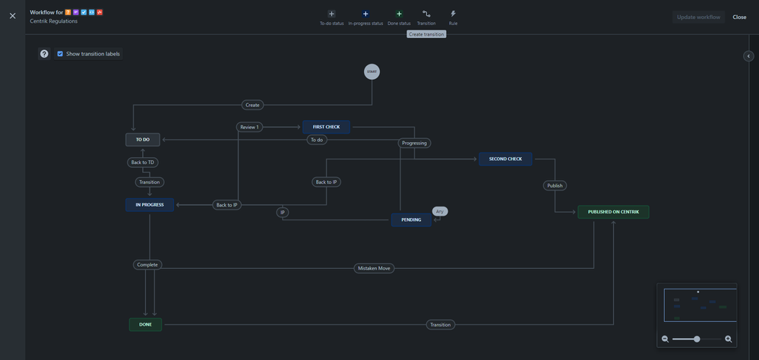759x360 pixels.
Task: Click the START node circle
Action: [x=372, y=71]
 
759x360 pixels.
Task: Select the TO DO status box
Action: [x=143, y=140]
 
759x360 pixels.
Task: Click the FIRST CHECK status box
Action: [x=326, y=127]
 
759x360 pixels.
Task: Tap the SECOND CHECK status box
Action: [x=505, y=159]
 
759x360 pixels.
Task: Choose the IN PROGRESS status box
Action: [x=150, y=204]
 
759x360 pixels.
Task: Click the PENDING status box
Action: [x=411, y=219]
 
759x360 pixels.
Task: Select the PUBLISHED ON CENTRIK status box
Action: [x=613, y=212]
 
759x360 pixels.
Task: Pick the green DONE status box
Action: [x=145, y=324]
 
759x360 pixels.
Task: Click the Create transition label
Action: [x=252, y=105]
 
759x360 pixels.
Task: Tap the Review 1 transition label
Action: [x=249, y=127]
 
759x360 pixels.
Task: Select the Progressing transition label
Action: [x=414, y=143]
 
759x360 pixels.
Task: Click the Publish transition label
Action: [x=555, y=185]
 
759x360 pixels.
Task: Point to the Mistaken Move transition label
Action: [x=374, y=268]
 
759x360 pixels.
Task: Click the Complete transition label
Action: [x=147, y=264]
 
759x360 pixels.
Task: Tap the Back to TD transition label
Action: [x=143, y=163]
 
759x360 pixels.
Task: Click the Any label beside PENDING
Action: [x=440, y=211]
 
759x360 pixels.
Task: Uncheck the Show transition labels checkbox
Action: [x=60, y=54]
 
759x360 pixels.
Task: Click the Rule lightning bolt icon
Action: [x=453, y=14]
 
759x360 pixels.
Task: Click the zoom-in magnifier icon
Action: [x=728, y=339]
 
